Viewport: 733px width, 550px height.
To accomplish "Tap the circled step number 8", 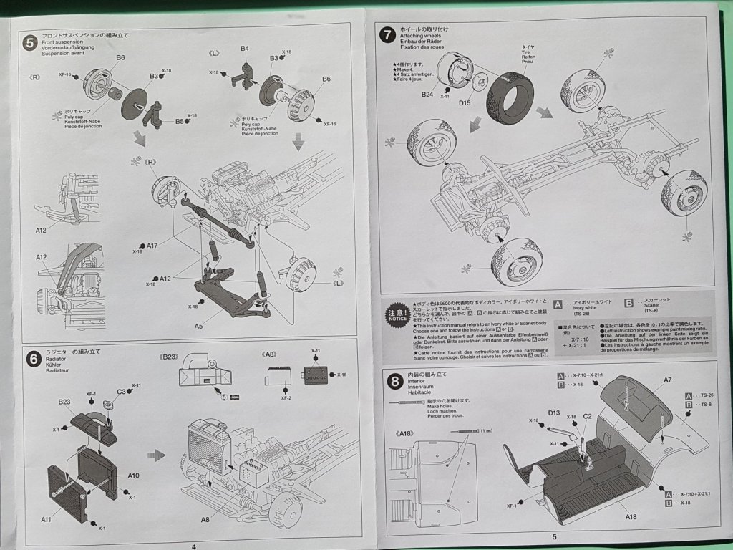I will (394, 382).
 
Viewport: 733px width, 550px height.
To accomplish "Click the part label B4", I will (245, 49).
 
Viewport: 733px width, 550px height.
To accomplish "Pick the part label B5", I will (180, 121).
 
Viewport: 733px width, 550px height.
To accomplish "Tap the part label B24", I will (427, 94).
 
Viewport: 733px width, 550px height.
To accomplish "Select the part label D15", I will (465, 102).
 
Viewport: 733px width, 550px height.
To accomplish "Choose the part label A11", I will (46, 519).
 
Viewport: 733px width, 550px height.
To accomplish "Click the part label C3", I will (121, 392).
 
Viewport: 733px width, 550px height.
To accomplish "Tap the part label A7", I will (667, 380).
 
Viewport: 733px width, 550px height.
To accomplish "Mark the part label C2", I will (586, 416).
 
